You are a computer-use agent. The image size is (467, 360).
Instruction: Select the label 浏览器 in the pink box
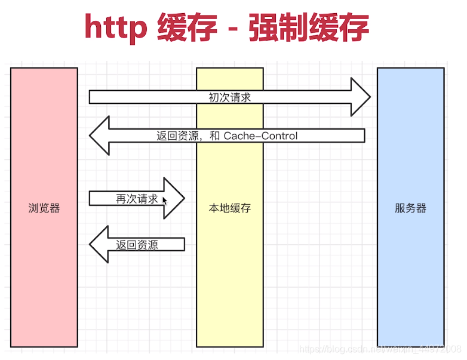[44, 208]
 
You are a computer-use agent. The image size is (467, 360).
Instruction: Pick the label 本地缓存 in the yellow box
[230, 208]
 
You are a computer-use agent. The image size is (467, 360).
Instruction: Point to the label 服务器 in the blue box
[411, 208]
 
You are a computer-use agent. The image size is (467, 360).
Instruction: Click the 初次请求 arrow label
[229, 97]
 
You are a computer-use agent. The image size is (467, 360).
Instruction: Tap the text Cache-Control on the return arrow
[260, 136]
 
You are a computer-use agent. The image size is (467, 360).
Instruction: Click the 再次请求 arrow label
[137, 199]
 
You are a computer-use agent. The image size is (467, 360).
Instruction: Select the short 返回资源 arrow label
[137, 245]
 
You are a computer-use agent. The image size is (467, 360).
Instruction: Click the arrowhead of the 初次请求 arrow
[360, 97]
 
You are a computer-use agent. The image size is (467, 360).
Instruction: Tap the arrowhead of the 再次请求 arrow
[174, 198]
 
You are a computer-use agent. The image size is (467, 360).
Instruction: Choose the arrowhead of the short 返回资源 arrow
[99, 244]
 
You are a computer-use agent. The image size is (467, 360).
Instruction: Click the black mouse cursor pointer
[164, 201]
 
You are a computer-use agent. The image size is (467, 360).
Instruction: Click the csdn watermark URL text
[379, 348]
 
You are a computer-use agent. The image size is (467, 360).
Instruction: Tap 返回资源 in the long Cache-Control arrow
[177, 136]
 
